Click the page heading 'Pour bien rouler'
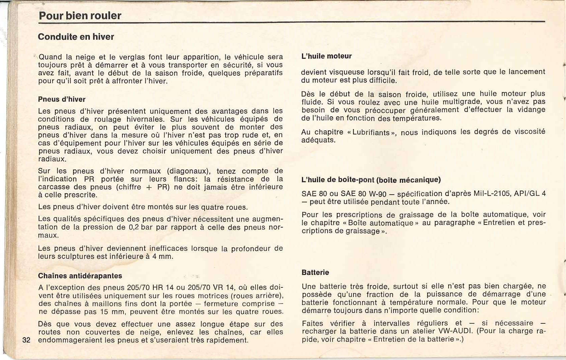tap(80, 16)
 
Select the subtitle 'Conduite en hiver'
tap(76, 37)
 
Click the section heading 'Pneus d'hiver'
tap(62, 99)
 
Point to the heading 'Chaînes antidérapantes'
tap(80, 276)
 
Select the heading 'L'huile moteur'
tap(326, 56)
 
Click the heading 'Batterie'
tap(315, 272)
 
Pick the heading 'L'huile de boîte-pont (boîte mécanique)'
tap(371, 180)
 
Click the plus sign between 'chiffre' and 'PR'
tap(148, 187)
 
